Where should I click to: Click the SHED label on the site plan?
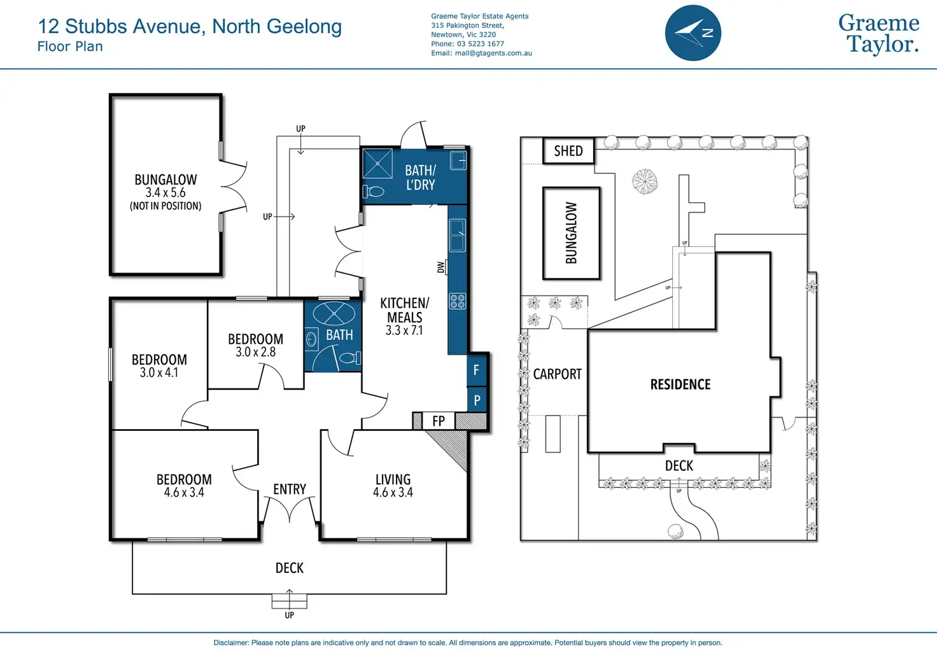click(568, 151)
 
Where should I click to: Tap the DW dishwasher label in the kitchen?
click(441, 267)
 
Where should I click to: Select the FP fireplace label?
click(439, 421)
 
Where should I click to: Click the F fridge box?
click(476, 370)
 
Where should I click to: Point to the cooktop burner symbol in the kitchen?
click(457, 301)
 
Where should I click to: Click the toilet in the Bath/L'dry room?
click(374, 191)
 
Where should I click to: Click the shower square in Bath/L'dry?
click(377, 163)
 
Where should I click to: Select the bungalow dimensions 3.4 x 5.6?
click(166, 193)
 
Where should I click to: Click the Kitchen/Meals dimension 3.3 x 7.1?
click(404, 330)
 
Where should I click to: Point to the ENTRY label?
click(290, 489)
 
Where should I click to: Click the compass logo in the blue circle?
click(693, 33)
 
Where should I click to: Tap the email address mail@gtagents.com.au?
click(493, 53)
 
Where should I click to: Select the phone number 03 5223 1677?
click(480, 44)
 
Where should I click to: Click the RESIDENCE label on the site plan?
click(680, 384)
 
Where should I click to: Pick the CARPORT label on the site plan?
click(557, 374)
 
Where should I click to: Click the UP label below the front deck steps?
click(290, 615)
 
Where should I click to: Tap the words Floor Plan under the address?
click(70, 46)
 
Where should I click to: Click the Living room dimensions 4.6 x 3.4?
click(393, 493)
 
